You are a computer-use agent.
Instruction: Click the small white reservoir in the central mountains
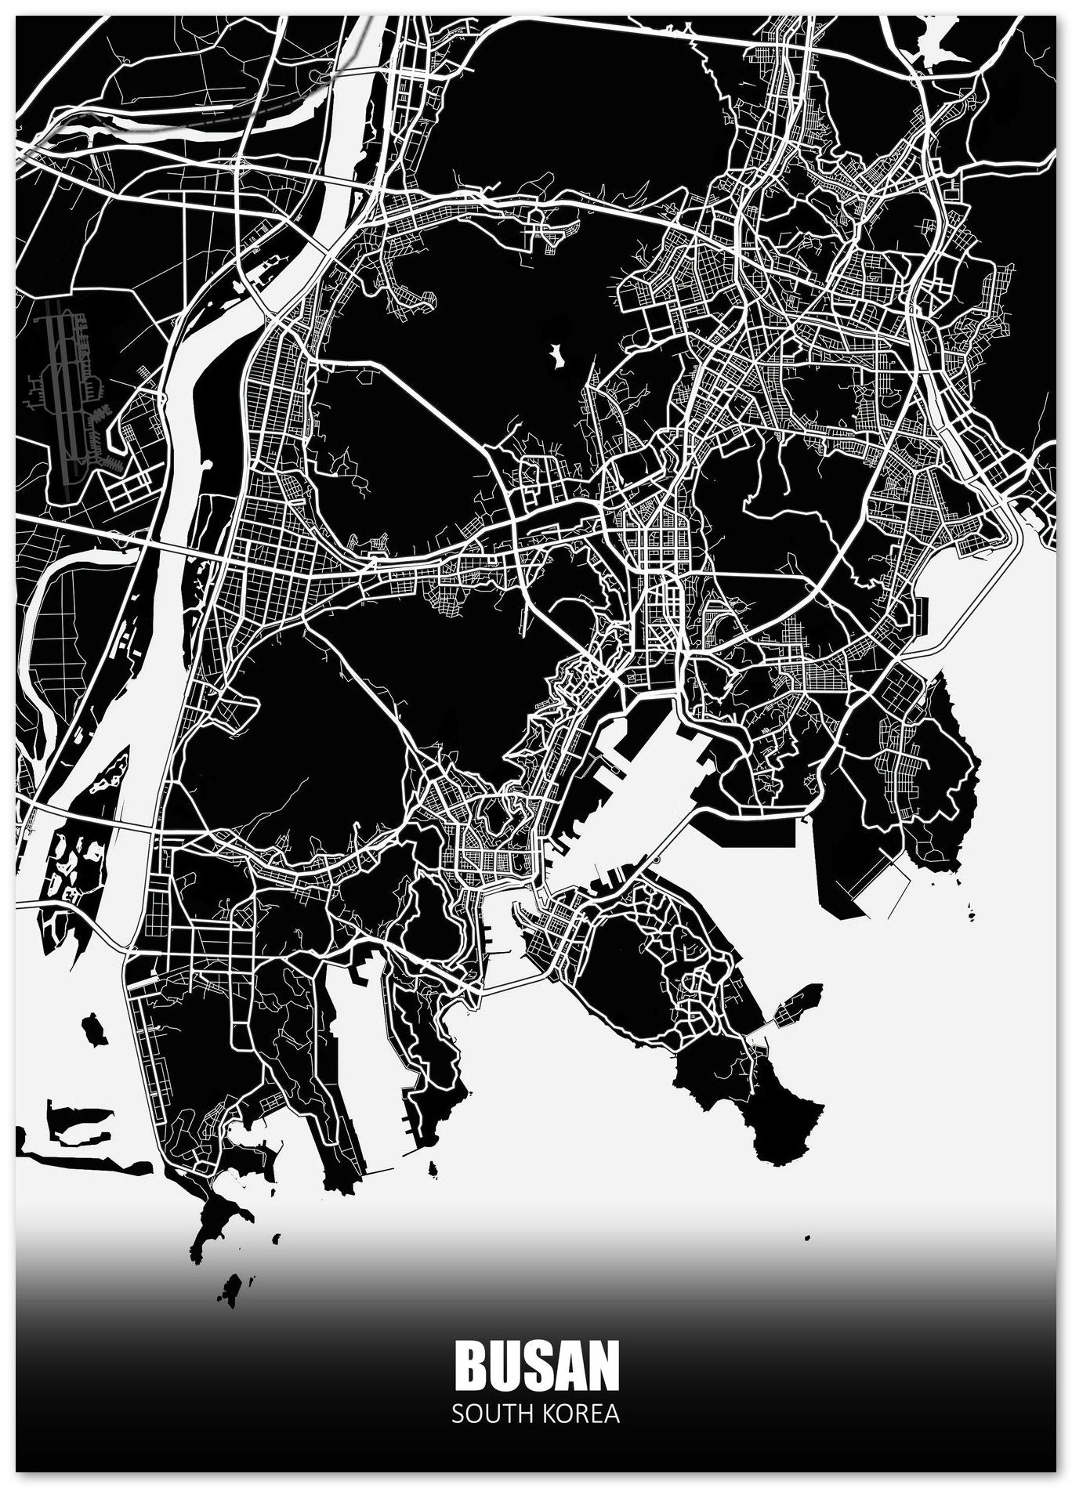pyautogui.click(x=558, y=356)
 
